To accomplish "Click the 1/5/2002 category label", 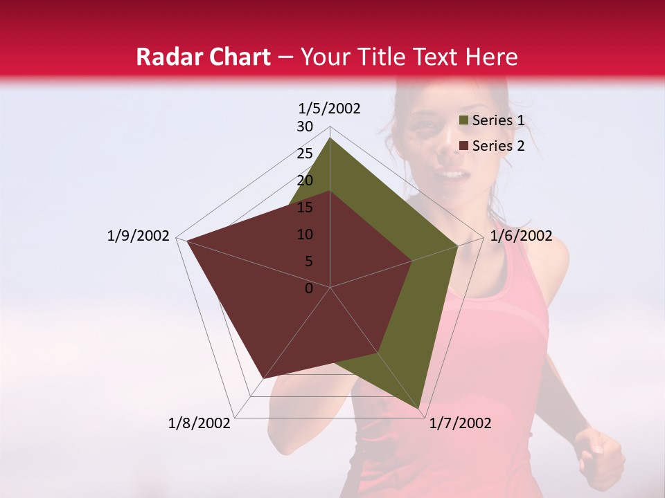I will pos(330,108).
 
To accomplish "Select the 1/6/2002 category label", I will pos(521,236).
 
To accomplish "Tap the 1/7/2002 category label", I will pos(460,423).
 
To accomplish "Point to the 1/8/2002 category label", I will pos(199,423).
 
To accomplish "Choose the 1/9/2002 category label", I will pos(139,236).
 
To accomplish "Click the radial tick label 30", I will pos(305,127).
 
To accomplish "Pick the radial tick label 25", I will pos(305,154).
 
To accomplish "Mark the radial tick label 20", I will pos(305,181).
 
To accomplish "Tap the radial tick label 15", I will pos(305,207).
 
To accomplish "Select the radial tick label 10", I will pos(305,234).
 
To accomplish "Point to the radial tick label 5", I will pos(308,261).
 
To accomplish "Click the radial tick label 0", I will pos(309,288).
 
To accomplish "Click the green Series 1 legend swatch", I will pos(464,121).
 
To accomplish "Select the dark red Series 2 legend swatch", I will pos(464,146).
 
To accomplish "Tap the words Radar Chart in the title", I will pos(203,57).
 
